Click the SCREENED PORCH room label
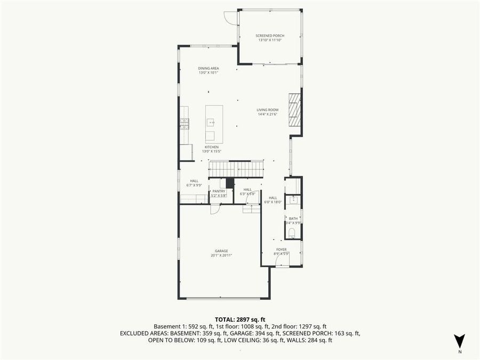pos(270,36)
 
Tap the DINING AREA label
pos(209,68)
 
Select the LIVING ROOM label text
pos(268,110)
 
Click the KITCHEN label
pos(212,147)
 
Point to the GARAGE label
pos(221,251)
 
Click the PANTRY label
pos(219,191)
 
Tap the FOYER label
pos(281,249)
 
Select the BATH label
pos(293,218)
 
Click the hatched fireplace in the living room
pos(295,109)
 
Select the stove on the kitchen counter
pos(185,124)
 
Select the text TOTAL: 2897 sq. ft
pos(240,319)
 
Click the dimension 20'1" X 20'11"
pos(221,255)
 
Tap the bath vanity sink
pos(293,200)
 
